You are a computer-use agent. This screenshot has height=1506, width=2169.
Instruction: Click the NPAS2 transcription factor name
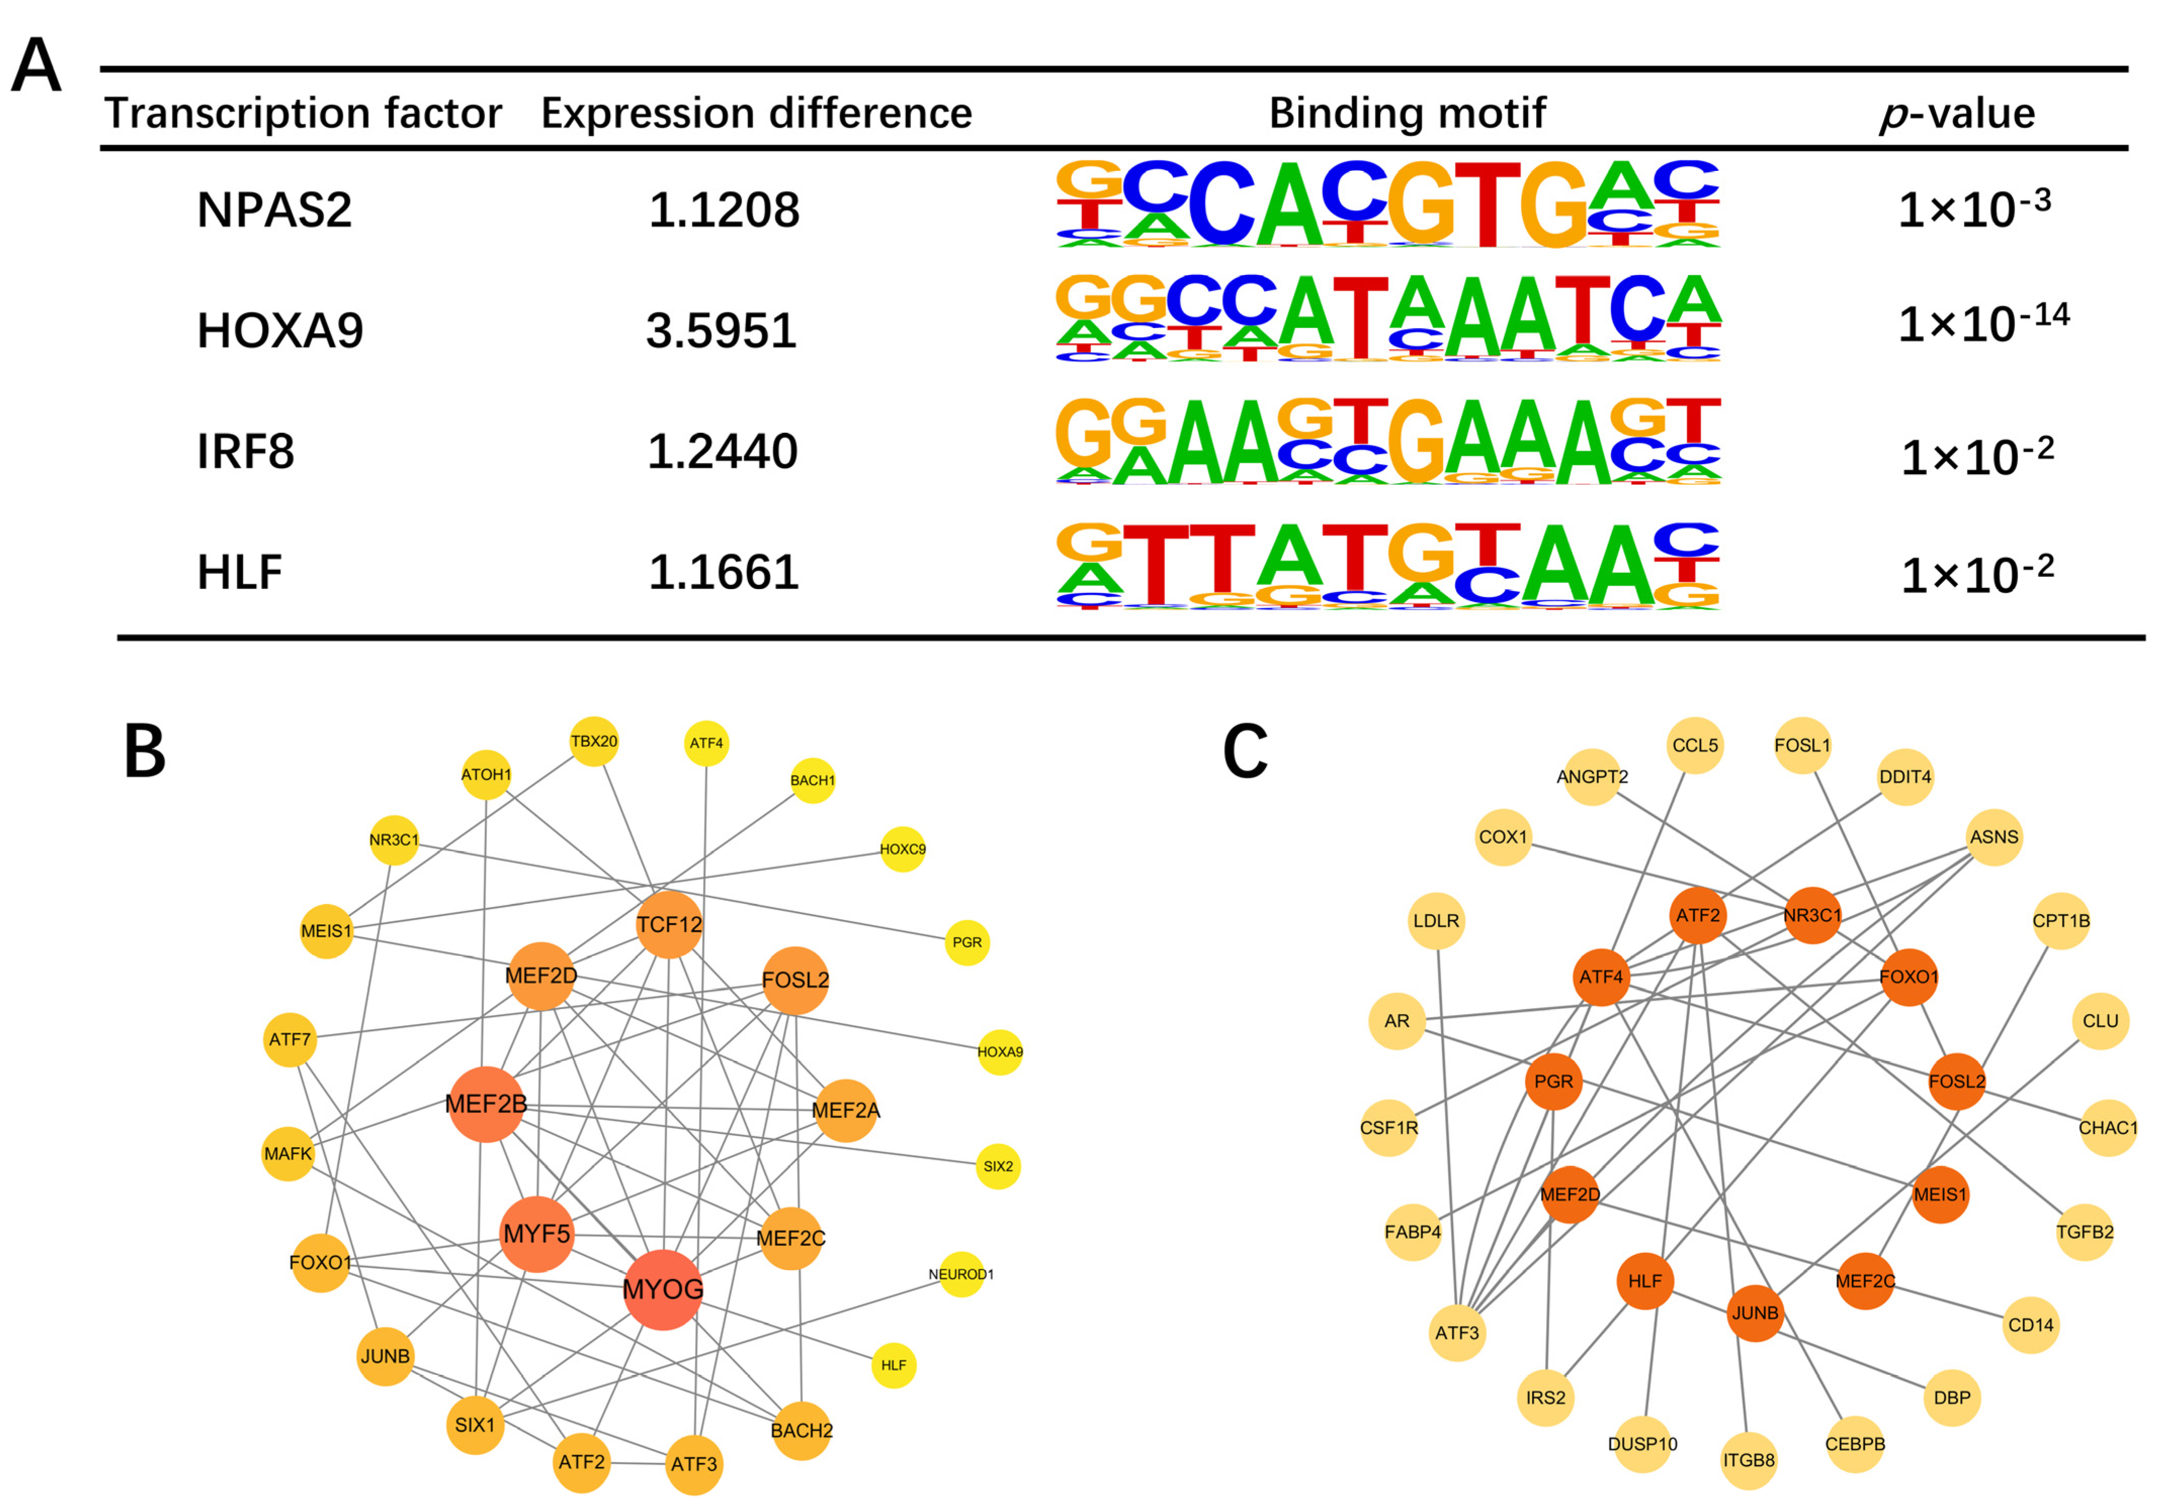(x=274, y=209)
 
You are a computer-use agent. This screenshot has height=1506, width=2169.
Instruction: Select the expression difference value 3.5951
(x=721, y=330)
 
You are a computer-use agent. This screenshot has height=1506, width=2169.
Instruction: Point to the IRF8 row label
(x=245, y=451)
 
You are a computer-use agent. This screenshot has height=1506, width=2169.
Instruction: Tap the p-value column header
(x=1957, y=113)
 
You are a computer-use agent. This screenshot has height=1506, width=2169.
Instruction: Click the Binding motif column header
(x=1406, y=113)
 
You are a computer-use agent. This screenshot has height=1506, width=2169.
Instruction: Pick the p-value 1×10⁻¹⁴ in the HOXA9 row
(x=1982, y=323)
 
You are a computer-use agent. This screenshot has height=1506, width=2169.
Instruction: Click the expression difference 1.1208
(x=724, y=209)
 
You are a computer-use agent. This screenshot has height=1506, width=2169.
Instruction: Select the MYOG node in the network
(x=663, y=1289)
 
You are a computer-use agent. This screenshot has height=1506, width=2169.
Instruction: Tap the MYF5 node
(x=536, y=1234)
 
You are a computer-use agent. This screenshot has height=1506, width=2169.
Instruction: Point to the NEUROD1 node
(x=961, y=1274)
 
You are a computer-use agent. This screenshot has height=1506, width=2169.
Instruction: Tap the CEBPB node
(x=1855, y=1444)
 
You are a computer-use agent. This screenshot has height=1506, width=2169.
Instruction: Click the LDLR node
(x=1436, y=920)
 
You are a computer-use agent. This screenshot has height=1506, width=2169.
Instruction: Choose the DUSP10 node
(x=1642, y=1444)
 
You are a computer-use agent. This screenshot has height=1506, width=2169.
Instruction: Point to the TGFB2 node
(x=2084, y=1231)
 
